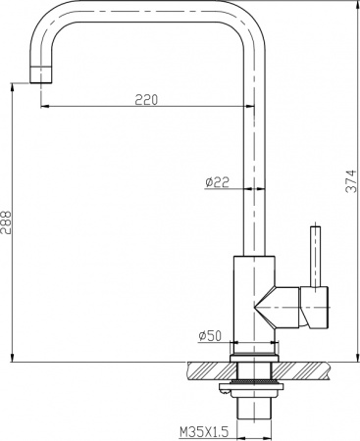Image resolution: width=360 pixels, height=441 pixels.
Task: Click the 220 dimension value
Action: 147,98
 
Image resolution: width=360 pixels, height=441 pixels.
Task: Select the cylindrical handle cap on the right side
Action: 318,308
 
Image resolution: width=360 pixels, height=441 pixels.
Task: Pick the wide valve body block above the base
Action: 254,294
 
